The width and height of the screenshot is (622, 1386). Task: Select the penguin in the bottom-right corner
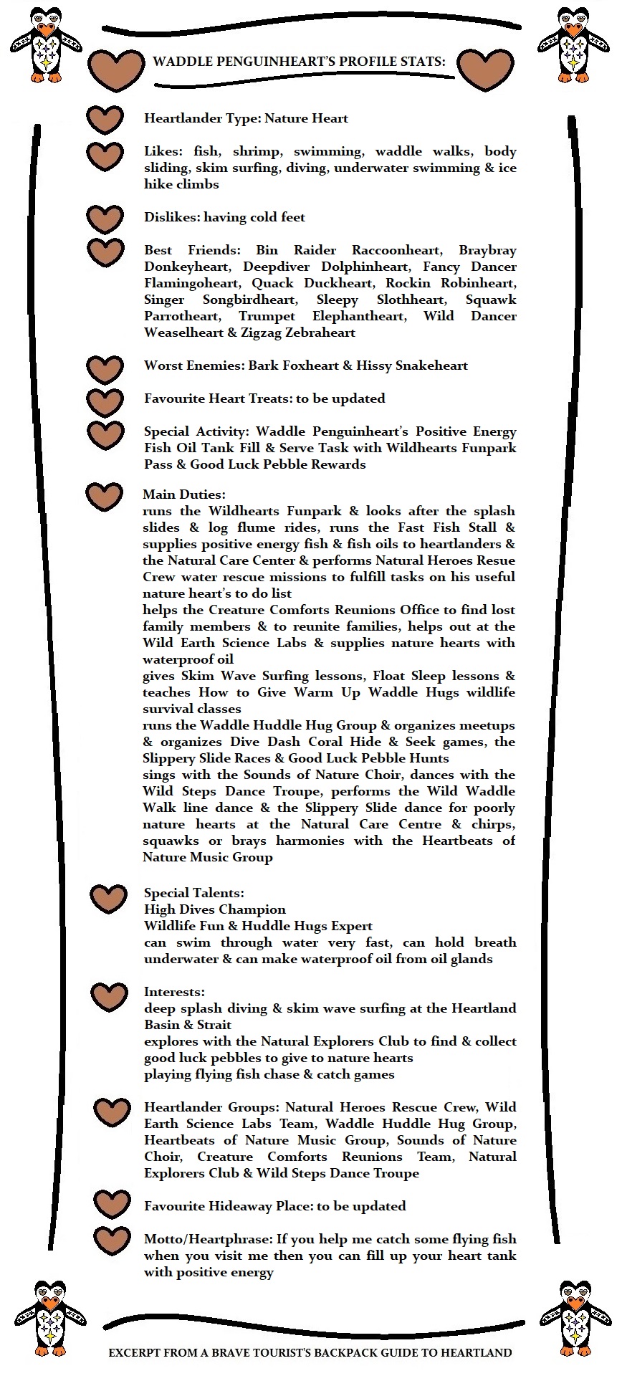click(x=575, y=1313)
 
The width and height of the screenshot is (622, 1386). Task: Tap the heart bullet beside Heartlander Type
click(x=105, y=120)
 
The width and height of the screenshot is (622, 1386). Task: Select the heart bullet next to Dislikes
click(x=105, y=219)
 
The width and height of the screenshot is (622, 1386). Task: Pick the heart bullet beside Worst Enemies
click(x=105, y=368)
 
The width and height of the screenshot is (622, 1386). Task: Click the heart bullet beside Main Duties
click(x=104, y=496)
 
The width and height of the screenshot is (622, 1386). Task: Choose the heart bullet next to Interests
click(x=109, y=996)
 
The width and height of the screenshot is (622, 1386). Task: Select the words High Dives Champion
click(x=215, y=909)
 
